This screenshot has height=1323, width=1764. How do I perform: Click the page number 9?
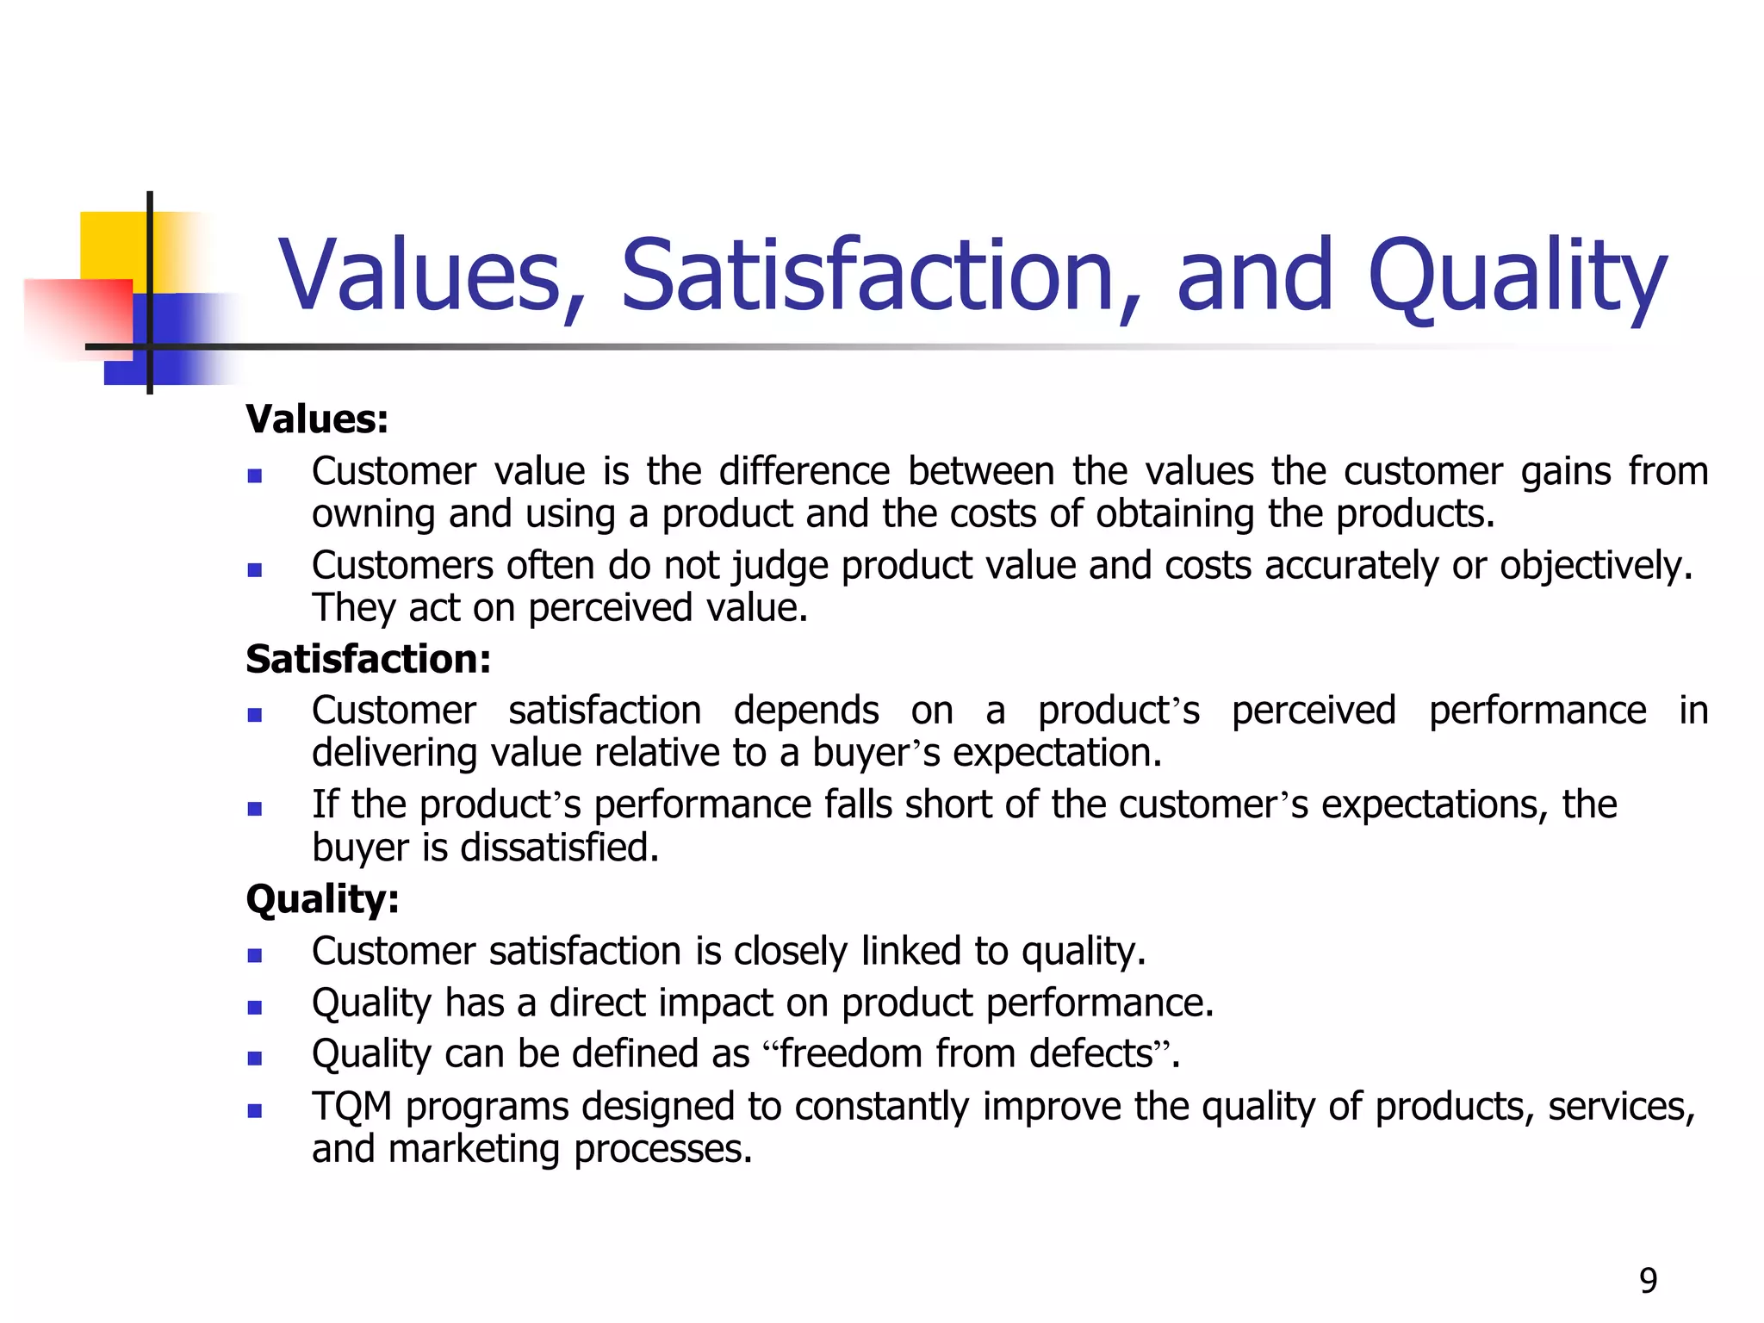point(1648,1281)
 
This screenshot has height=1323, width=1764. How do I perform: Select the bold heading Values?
point(317,419)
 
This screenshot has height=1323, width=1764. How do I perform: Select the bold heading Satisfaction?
point(369,660)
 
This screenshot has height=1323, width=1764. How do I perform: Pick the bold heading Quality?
point(323,899)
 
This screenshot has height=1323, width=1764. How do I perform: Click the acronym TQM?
point(352,1106)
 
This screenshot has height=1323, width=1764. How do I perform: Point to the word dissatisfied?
point(560,848)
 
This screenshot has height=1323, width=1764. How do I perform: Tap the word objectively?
point(1596,567)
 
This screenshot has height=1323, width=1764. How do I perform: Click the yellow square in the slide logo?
point(112,245)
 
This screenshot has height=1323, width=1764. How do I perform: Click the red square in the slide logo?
point(82,314)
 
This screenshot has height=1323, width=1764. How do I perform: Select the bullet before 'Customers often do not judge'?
point(254,569)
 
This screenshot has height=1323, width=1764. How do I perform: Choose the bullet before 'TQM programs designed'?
point(254,1110)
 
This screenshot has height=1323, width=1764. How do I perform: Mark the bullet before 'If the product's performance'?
point(254,808)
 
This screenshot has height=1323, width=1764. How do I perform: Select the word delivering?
point(394,754)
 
